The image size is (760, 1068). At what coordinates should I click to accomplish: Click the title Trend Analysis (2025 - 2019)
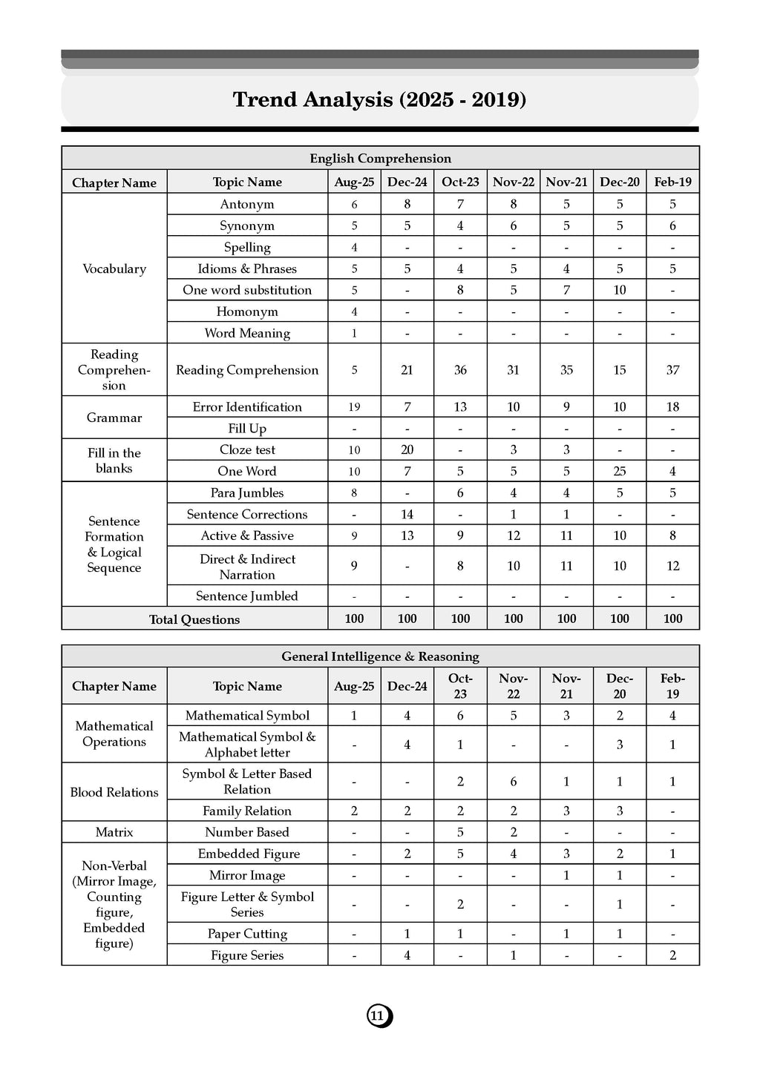point(379,99)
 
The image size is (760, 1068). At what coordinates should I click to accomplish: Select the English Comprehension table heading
point(380,158)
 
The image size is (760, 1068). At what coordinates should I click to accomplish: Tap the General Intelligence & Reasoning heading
point(380,656)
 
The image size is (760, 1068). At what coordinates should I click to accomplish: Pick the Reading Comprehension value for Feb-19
point(672,369)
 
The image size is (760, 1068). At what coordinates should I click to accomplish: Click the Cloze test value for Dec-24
point(407,449)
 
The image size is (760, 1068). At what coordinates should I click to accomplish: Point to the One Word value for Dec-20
point(620,471)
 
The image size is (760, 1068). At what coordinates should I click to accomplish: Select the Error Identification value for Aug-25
point(354,406)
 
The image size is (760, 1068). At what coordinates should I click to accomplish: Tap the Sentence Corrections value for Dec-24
point(407,514)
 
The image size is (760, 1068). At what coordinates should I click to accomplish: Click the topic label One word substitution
point(247,290)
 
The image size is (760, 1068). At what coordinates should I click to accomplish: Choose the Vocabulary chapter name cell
point(114,268)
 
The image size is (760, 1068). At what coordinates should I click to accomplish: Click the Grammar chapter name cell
point(114,418)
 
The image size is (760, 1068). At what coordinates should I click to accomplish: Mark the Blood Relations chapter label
point(114,792)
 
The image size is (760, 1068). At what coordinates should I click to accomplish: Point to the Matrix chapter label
point(114,832)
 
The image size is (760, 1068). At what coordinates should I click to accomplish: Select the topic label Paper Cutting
point(247,934)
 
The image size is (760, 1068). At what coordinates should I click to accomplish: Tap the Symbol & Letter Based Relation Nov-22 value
point(513,782)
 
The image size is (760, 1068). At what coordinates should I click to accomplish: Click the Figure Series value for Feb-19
point(672,955)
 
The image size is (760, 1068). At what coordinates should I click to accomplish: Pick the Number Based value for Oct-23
point(460,832)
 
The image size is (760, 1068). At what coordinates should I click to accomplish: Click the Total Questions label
point(194,619)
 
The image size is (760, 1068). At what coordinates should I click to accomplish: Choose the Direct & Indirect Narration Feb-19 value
point(672,566)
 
